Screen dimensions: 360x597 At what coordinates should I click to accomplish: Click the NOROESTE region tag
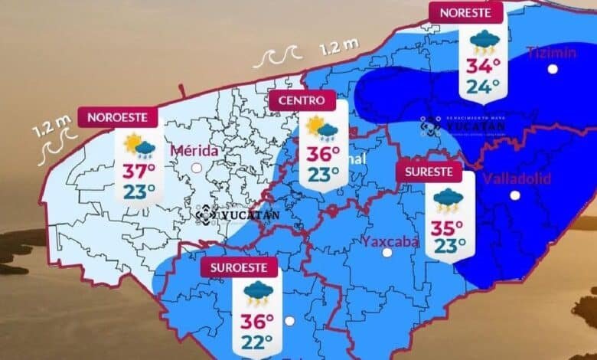click(x=122, y=118)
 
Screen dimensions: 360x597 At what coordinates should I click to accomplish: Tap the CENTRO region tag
click(x=302, y=100)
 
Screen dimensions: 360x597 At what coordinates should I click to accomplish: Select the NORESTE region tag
click(x=465, y=12)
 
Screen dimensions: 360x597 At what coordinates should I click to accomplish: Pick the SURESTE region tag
click(x=429, y=172)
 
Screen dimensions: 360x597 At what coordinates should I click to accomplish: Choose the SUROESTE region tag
click(x=239, y=268)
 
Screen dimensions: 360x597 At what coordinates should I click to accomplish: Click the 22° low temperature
click(x=257, y=341)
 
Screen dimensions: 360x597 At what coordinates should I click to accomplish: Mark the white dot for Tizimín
click(x=552, y=69)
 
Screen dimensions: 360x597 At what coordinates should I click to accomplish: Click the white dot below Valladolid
click(x=515, y=195)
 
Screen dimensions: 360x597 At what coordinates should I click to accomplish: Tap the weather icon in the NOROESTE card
click(x=139, y=144)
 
